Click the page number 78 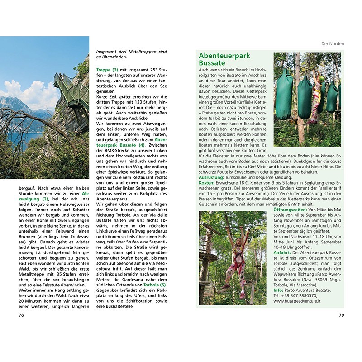(21, 315)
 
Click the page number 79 (342, 315)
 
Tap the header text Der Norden (332, 44)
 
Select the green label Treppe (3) (107, 70)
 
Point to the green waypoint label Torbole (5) (157, 285)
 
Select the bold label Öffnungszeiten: (290, 210)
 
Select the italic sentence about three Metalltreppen (132, 55)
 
